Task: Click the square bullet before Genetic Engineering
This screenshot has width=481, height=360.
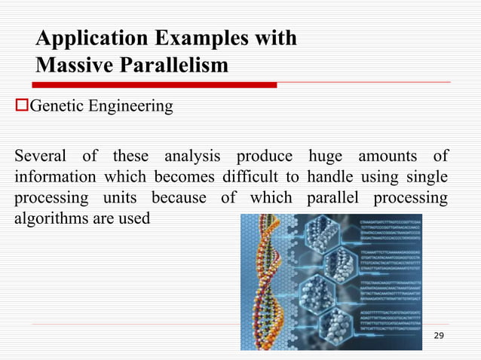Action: (21, 106)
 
